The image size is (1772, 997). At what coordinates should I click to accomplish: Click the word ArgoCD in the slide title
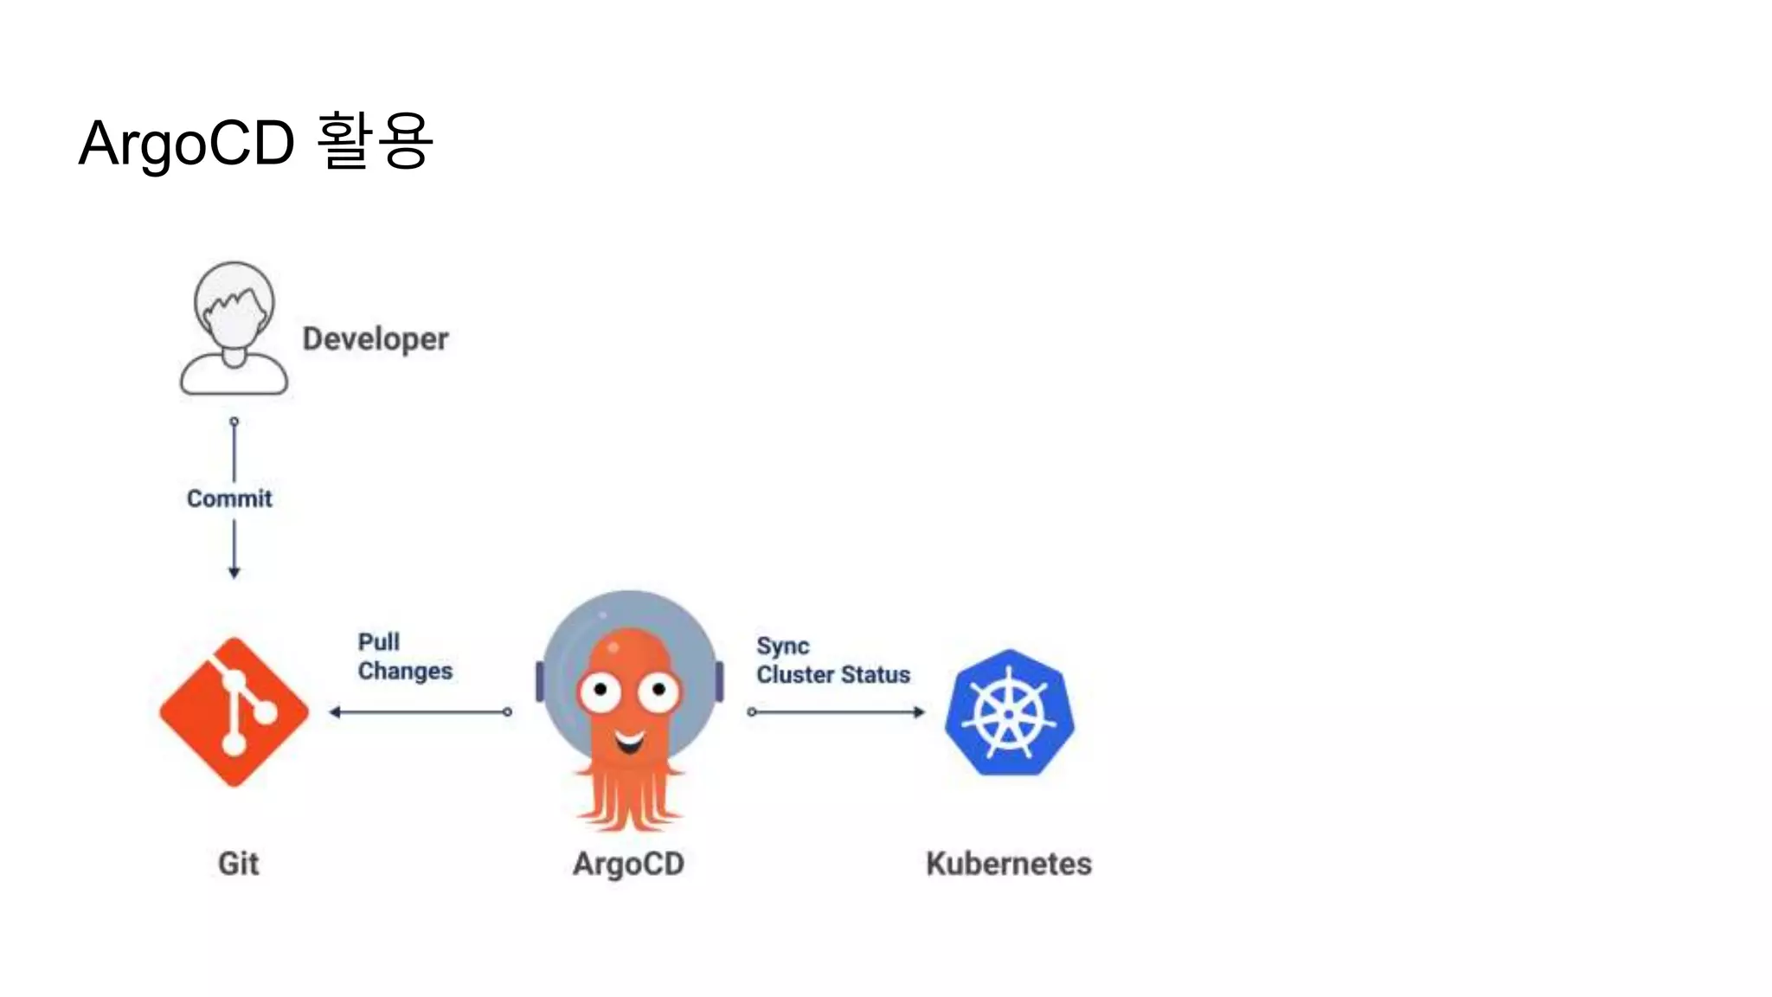[x=186, y=143]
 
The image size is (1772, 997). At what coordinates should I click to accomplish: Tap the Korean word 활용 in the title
[x=374, y=140]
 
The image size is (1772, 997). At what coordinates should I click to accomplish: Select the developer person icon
[x=234, y=329]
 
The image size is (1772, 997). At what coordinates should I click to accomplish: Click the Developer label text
[x=376, y=338]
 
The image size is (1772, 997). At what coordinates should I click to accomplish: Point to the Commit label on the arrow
[x=229, y=498]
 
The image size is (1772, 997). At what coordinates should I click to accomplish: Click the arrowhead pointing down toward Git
[x=234, y=572]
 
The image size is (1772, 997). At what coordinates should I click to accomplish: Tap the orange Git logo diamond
[x=234, y=711]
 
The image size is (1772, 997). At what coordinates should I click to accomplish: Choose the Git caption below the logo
[x=238, y=863]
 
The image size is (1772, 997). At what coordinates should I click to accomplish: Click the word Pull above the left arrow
[x=379, y=642]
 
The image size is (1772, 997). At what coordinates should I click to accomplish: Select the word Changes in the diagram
[x=405, y=671]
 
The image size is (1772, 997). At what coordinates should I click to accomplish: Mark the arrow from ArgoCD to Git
[x=421, y=712]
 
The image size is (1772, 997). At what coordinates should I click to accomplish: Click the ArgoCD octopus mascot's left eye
[x=600, y=691]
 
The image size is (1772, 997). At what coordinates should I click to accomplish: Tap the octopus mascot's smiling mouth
[x=630, y=741]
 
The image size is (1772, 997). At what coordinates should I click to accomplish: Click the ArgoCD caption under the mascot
[x=628, y=863]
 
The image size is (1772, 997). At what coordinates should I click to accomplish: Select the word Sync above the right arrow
[x=783, y=646]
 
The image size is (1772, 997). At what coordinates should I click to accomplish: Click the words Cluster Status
[x=833, y=674]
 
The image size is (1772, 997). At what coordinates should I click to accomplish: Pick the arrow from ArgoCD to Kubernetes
[x=837, y=712]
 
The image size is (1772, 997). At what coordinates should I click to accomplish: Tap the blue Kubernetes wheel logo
[x=1009, y=712]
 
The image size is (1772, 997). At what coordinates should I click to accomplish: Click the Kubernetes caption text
[x=1009, y=863]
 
